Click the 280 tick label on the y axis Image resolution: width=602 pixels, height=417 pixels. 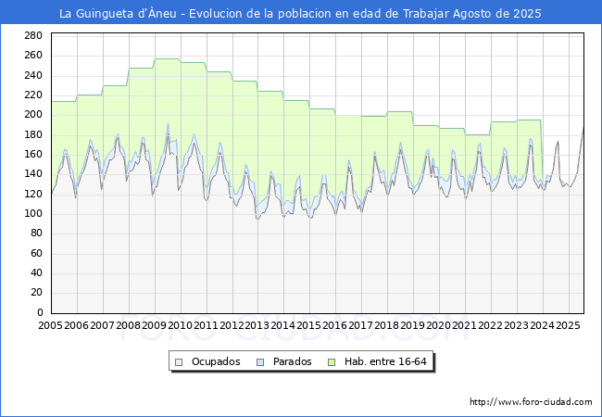pyautogui.click(x=33, y=36)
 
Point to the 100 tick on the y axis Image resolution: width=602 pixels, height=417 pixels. pyautogui.click(x=33, y=213)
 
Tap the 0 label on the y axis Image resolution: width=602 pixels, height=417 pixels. pyautogui.click(x=40, y=312)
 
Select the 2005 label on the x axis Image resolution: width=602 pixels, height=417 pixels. pyautogui.click(x=50, y=325)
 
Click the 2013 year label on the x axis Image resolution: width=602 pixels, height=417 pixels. pyautogui.click(x=257, y=325)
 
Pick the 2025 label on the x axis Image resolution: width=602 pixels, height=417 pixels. pyautogui.click(x=568, y=325)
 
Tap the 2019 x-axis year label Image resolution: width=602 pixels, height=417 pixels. pyautogui.click(x=412, y=325)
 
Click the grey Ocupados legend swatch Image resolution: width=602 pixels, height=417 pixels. pyautogui.click(x=179, y=362)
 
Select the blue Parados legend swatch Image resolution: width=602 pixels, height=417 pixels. pyautogui.click(x=260, y=362)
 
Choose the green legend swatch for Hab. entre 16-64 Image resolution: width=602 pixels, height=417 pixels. pyautogui.click(x=332, y=362)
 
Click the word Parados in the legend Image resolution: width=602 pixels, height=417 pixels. pyautogui.click(x=292, y=361)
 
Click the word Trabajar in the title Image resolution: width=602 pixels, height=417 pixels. pyautogui.click(x=426, y=14)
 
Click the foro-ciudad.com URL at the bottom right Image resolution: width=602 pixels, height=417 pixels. pyautogui.click(x=531, y=402)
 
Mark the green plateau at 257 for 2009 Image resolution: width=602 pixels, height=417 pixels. pyautogui.click(x=168, y=58)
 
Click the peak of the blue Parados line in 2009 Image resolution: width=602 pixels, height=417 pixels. pyautogui.click(x=168, y=124)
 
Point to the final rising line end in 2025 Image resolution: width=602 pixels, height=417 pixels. pyautogui.click(x=583, y=128)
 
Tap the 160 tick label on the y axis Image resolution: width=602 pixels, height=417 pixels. pyautogui.click(x=33, y=155)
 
